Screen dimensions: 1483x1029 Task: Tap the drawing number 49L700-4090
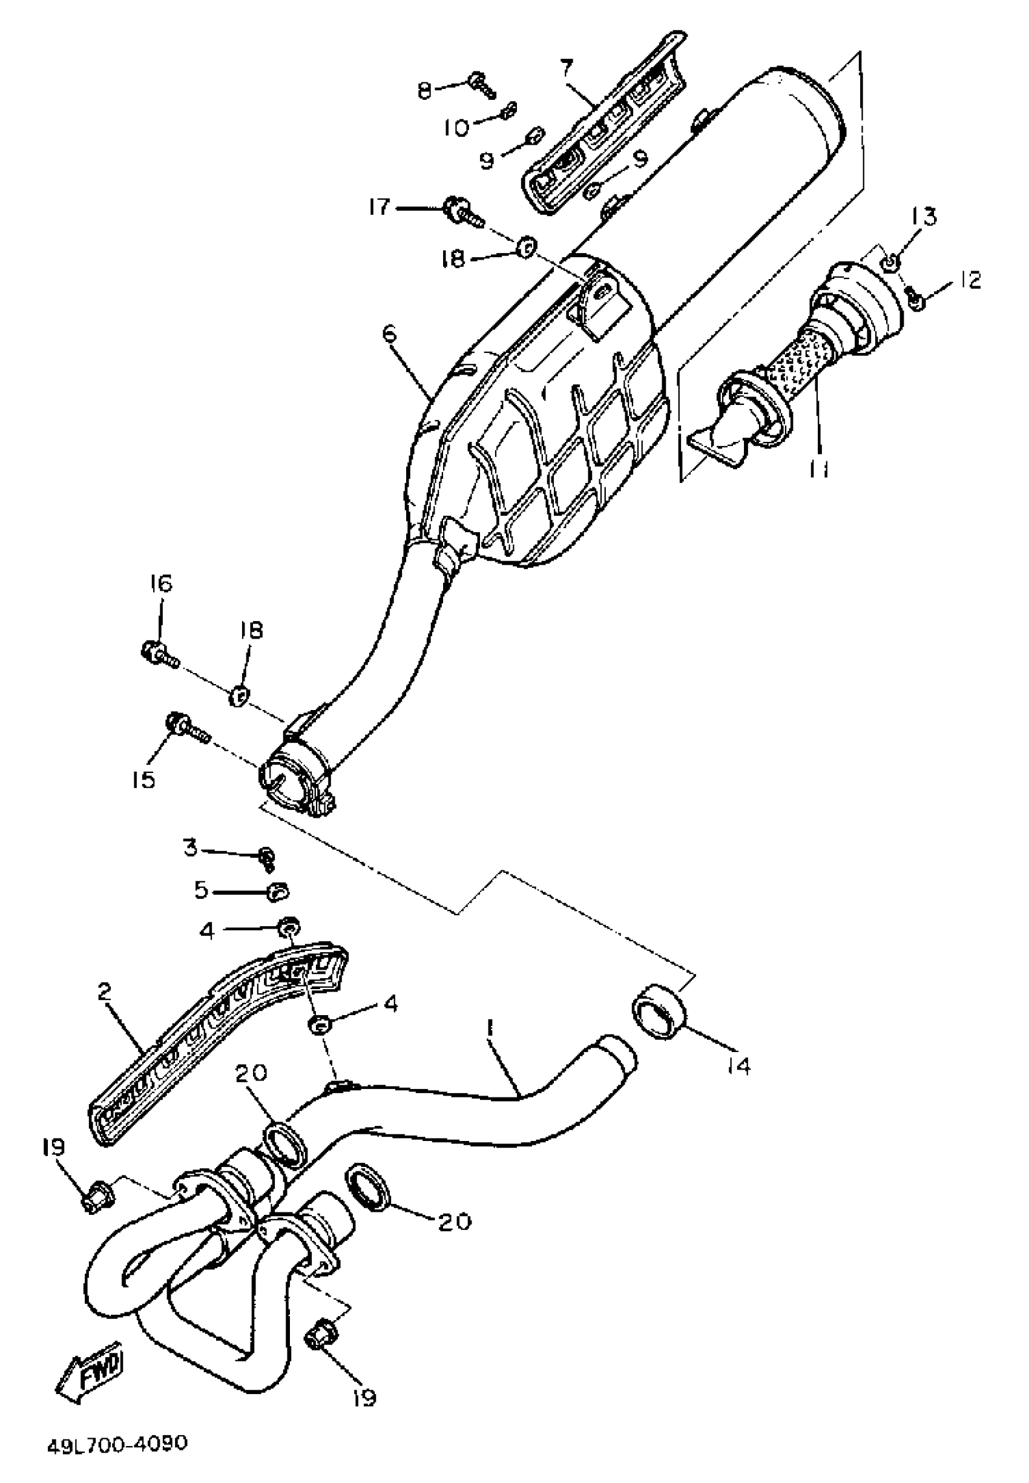pyautogui.click(x=117, y=1442)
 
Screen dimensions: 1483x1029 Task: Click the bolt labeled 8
pyautogui.click(x=481, y=82)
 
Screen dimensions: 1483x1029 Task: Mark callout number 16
pyautogui.click(x=161, y=584)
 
